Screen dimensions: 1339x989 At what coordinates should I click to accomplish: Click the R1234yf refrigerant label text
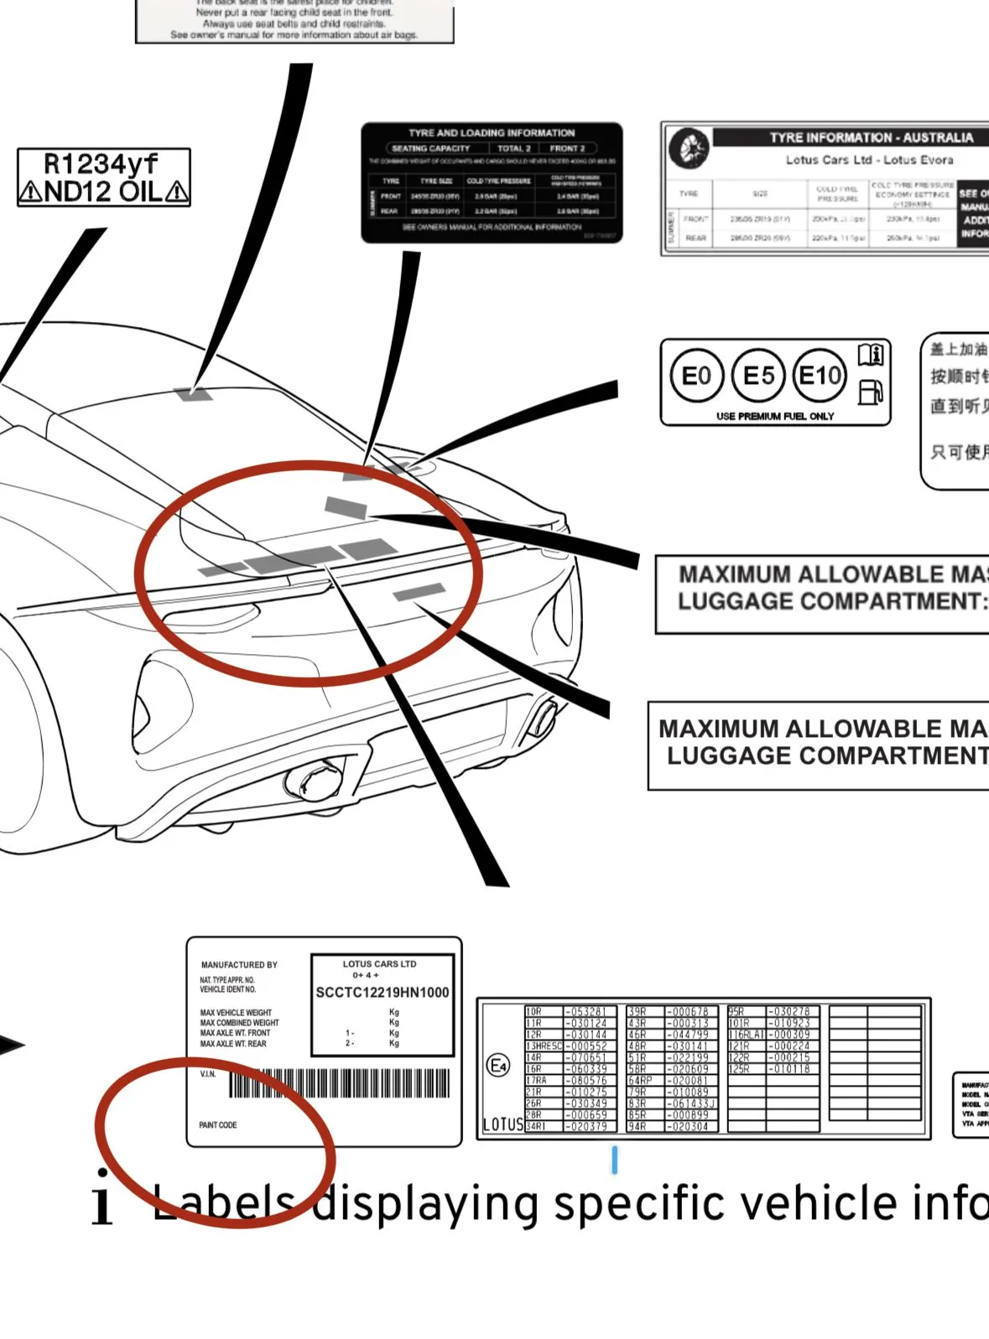[101, 163]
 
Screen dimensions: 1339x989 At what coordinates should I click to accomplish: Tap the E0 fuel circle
[695, 376]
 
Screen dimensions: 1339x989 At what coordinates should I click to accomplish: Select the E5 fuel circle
[758, 376]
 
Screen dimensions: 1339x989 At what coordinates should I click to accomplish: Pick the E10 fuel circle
[820, 376]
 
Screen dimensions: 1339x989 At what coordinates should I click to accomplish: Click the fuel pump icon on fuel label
[871, 392]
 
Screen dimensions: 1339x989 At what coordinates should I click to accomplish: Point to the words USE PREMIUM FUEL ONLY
[774, 416]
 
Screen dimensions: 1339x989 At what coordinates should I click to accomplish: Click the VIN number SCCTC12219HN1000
[382, 993]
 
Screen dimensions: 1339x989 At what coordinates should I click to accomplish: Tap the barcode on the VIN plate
[339, 1083]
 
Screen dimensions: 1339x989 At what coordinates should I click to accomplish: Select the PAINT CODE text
[218, 1125]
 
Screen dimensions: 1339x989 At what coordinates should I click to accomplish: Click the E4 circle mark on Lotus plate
[498, 1066]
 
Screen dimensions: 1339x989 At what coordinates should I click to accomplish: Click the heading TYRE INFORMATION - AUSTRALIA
[871, 138]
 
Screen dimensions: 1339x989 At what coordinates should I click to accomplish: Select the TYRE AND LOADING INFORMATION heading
[492, 133]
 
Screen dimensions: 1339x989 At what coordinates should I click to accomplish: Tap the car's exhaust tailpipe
[315, 781]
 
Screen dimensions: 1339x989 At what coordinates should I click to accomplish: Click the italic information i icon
[102, 1198]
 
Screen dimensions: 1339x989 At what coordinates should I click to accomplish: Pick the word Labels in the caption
[223, 1204]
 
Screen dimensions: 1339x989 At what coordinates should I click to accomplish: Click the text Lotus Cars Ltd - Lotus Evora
[869, 159]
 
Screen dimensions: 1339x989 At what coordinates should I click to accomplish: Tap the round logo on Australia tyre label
[689, 149]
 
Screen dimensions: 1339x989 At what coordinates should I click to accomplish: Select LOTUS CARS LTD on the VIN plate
[379, 964]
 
